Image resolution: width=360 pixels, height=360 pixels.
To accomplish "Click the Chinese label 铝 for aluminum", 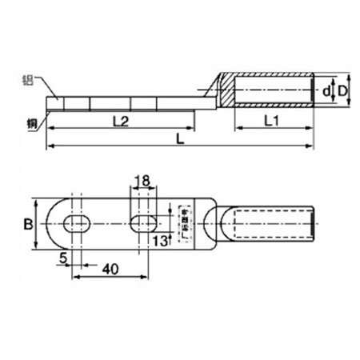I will click(30, 80).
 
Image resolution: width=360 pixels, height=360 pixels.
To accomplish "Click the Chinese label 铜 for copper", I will click(30, 121).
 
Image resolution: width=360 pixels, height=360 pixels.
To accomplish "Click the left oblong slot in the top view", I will click(73, 223).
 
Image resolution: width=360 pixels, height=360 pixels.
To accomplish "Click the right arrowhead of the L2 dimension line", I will click(192, 127).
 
